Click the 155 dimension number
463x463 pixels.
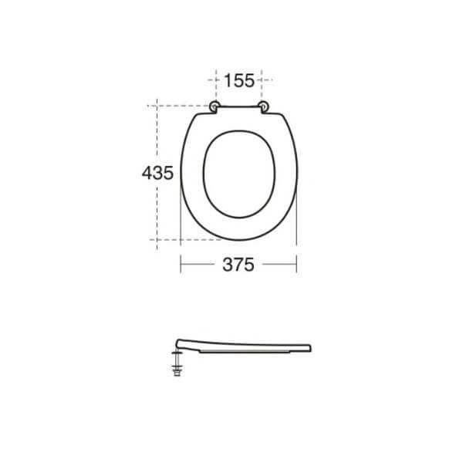point(239,79)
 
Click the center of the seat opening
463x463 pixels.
point(238,173)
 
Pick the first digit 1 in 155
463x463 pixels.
point(228,79)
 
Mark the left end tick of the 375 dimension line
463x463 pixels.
point(181,263)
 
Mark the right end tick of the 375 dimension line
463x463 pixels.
point(296,263)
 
